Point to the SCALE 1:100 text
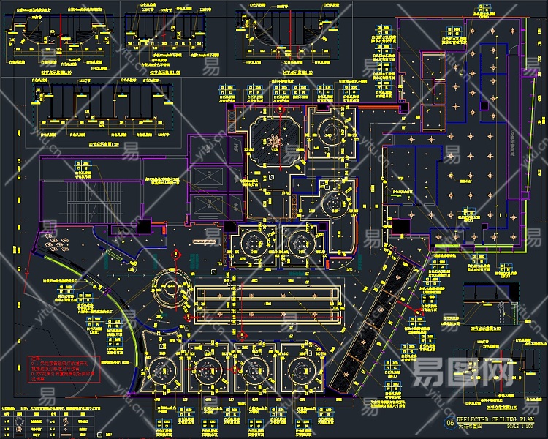520,426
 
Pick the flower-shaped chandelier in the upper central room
275,141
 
